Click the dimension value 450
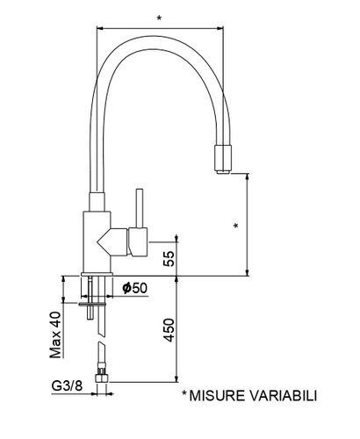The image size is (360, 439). click(169, 330)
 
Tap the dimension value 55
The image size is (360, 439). click(169, 258)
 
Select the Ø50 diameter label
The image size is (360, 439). click(135, 288)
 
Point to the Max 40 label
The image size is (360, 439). click(55, 335)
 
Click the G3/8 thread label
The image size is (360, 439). click(67, 385)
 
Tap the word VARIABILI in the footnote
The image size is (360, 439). click(284, 396)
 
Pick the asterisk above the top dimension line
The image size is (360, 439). click(159, 18)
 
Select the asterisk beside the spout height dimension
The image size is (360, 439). click(236, 226)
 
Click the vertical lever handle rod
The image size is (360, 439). click(140, 208)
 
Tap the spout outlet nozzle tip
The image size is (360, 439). click(224, 172)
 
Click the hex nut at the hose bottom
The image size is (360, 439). click(102, 378)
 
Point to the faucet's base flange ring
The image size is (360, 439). click(97, 274)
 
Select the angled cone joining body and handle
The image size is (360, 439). click(112, 241)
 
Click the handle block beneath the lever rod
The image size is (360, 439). click(138, 241)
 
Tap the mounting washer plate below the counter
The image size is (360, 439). click(91, 304)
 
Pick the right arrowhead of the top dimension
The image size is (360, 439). click(220, 28)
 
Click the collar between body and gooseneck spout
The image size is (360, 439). click(97, 202)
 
